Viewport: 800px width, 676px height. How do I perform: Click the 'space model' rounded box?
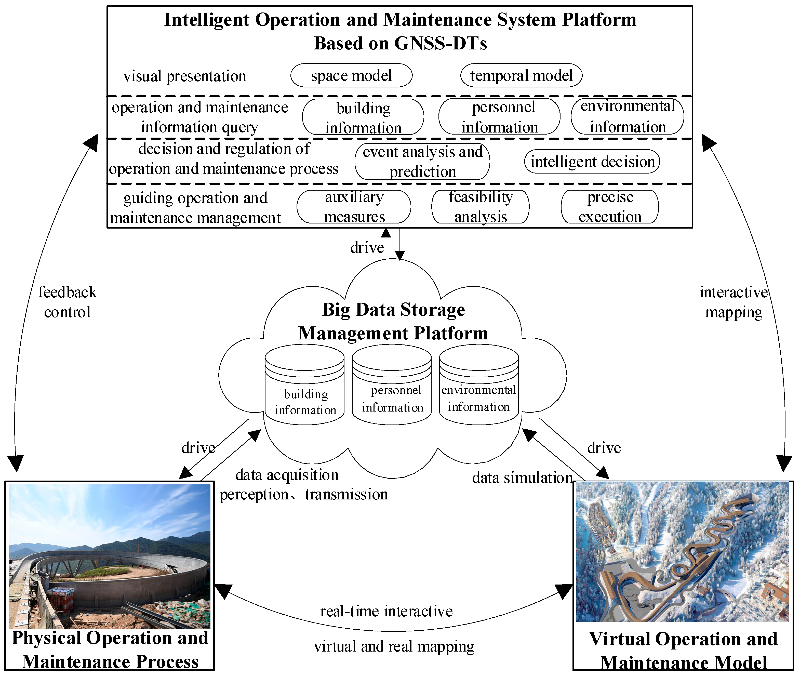click(x=351, y=75)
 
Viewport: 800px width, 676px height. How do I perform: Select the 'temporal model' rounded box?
click(x=521, y=75)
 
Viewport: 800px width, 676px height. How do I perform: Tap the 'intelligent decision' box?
click(x=592, y=161)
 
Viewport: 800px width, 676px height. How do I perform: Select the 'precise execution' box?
click(x=610, y=207)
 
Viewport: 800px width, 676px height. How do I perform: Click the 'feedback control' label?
click(x=68, y=302)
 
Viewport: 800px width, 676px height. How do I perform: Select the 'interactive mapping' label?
click(x=733, y=302)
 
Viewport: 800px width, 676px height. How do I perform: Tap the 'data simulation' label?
click(x=522, y=478)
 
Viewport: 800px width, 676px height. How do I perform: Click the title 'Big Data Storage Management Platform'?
click(x=393, y=321)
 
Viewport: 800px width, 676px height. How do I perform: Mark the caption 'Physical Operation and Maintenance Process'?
click(x=110, y=650)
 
